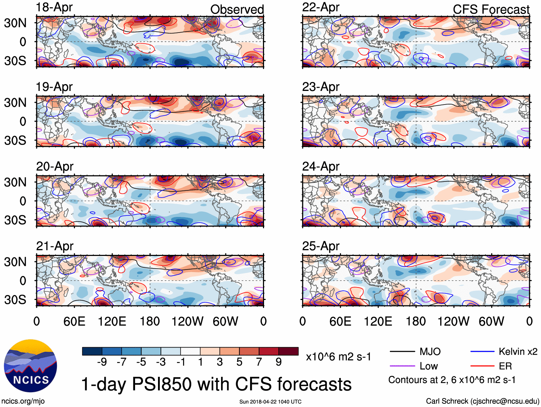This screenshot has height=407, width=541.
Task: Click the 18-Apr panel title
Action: [x=54, y=7]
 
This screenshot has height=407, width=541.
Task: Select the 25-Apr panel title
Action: [x=320, y=246]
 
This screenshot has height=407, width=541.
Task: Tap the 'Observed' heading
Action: [x=237, y=9]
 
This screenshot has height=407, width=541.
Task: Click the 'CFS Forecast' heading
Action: [x=491, y=9]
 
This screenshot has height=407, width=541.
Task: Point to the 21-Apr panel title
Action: [x=54, y=246]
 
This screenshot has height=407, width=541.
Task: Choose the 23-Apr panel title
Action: [x=320, y=87]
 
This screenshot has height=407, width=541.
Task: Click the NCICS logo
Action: [x=30, y=365]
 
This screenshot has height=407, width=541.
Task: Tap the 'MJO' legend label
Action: [x=430, y=352]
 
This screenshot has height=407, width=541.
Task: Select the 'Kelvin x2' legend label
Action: [x=518, y=352]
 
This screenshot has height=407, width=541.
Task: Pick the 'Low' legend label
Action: [x=429, y=366]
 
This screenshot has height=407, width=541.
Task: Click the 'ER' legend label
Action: [x=505, y=366]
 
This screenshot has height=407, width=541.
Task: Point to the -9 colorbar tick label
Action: [x=102, y=362]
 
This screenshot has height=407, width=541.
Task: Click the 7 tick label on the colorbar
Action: [x=259, y=362]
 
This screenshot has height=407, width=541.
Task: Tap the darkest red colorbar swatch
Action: [x=288, y=351]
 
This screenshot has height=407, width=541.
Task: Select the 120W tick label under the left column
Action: [x=187, y=321]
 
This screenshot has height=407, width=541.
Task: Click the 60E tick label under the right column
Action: [x=340, y=321]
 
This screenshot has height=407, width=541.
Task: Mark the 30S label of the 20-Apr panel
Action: [x=15, y=220]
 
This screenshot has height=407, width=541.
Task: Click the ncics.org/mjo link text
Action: [x=23, y=401]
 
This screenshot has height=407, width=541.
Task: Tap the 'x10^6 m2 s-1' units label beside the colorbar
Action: [x=339, y=357]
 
